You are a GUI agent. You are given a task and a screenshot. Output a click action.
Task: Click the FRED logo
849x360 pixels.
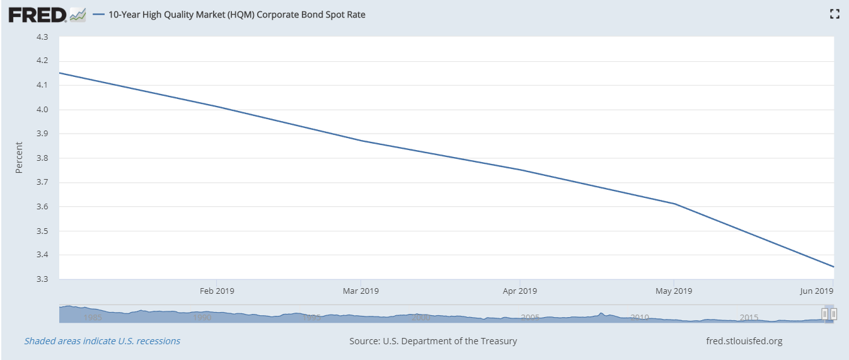(x=38, y=15)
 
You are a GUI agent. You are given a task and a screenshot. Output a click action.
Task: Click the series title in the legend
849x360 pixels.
(x=237, y=15)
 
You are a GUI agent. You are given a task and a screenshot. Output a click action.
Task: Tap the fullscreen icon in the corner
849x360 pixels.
(x=835, y=14)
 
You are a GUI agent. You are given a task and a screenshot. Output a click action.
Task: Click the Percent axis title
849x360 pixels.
(x=19, y=158)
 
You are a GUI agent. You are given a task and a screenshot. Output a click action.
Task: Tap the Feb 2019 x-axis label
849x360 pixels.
(x=217, y=291)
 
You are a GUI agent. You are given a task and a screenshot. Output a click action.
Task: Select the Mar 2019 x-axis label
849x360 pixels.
(x=361, y=291)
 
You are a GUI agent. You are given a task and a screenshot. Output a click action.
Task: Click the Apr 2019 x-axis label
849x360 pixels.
(x=519, y=291)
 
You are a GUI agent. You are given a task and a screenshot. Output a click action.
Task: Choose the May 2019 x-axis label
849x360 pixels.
(x=674, y=291)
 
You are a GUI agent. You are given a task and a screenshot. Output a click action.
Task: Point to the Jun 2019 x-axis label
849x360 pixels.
(x=816, y=291)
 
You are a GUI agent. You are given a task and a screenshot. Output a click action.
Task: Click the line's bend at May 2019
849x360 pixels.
(x=674, y=204)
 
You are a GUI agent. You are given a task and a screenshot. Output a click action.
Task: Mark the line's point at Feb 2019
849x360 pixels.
(x=217, y=107)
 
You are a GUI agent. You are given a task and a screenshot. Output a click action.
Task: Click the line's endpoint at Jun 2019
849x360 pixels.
(x=834, y=267)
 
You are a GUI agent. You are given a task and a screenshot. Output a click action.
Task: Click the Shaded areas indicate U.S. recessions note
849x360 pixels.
(x=102, y=341)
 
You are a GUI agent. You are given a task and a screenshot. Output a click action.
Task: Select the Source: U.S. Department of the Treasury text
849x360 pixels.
(x=433, y=341)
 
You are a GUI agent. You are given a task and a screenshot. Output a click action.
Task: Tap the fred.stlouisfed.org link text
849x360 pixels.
(x=744, y=341)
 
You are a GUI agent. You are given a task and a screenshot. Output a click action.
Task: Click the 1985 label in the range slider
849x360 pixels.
(x=93, y=317)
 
